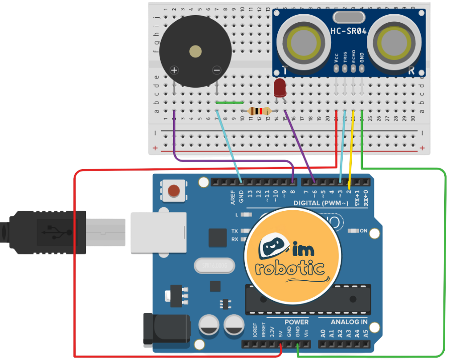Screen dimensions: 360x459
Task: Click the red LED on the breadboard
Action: tap(280, 88)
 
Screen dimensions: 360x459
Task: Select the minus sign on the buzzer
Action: tap(217, 70)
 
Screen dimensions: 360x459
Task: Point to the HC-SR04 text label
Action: tap(348, 31)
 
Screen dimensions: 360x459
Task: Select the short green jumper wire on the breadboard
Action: tap(230, 102)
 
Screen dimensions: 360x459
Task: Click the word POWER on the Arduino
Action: tap(296, 322)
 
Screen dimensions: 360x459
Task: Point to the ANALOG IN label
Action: tap(349, 322)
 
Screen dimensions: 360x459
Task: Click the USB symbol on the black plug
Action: tap(56, 232)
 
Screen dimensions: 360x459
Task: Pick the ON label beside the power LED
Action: tap(363, 231)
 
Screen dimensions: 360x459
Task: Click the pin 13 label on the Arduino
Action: tap(250, 195)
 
